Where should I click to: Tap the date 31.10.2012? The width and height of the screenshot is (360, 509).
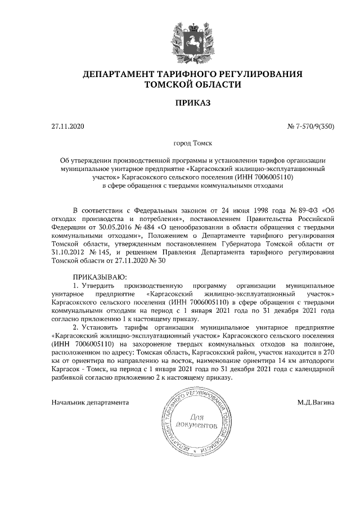click(x=67, y=253)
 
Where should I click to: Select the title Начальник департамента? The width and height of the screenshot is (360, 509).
click(x=90, y=403)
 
